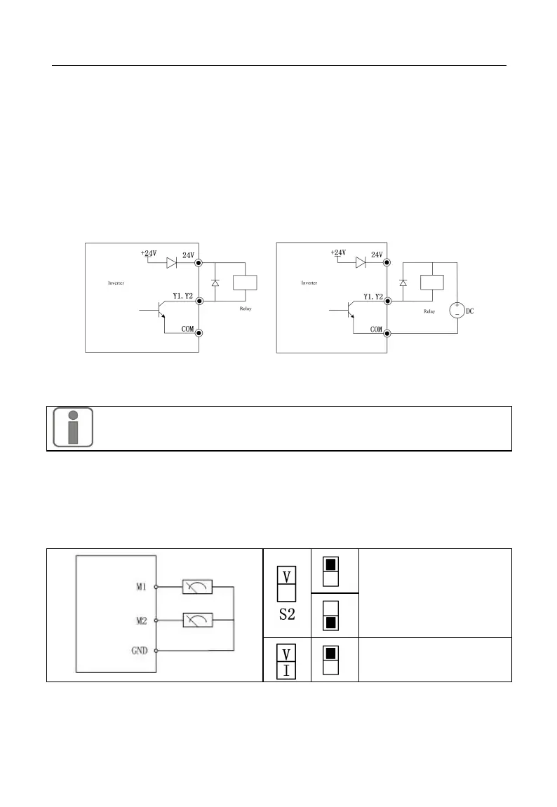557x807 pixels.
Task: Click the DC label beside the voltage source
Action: (x=471, y=311)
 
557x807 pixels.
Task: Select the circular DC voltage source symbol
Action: (x=457, y=310)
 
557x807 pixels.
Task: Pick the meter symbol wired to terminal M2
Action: (x=197, y=619)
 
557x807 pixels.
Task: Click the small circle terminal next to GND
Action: (x=156, y=651)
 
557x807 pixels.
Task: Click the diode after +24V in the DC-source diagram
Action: (x=361, y=263)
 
